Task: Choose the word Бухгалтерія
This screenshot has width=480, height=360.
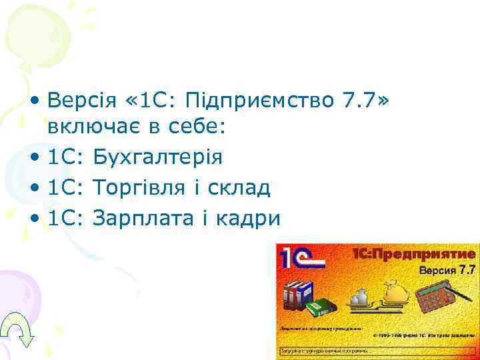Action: point(159,159)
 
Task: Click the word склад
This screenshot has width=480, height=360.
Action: point(238,188)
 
